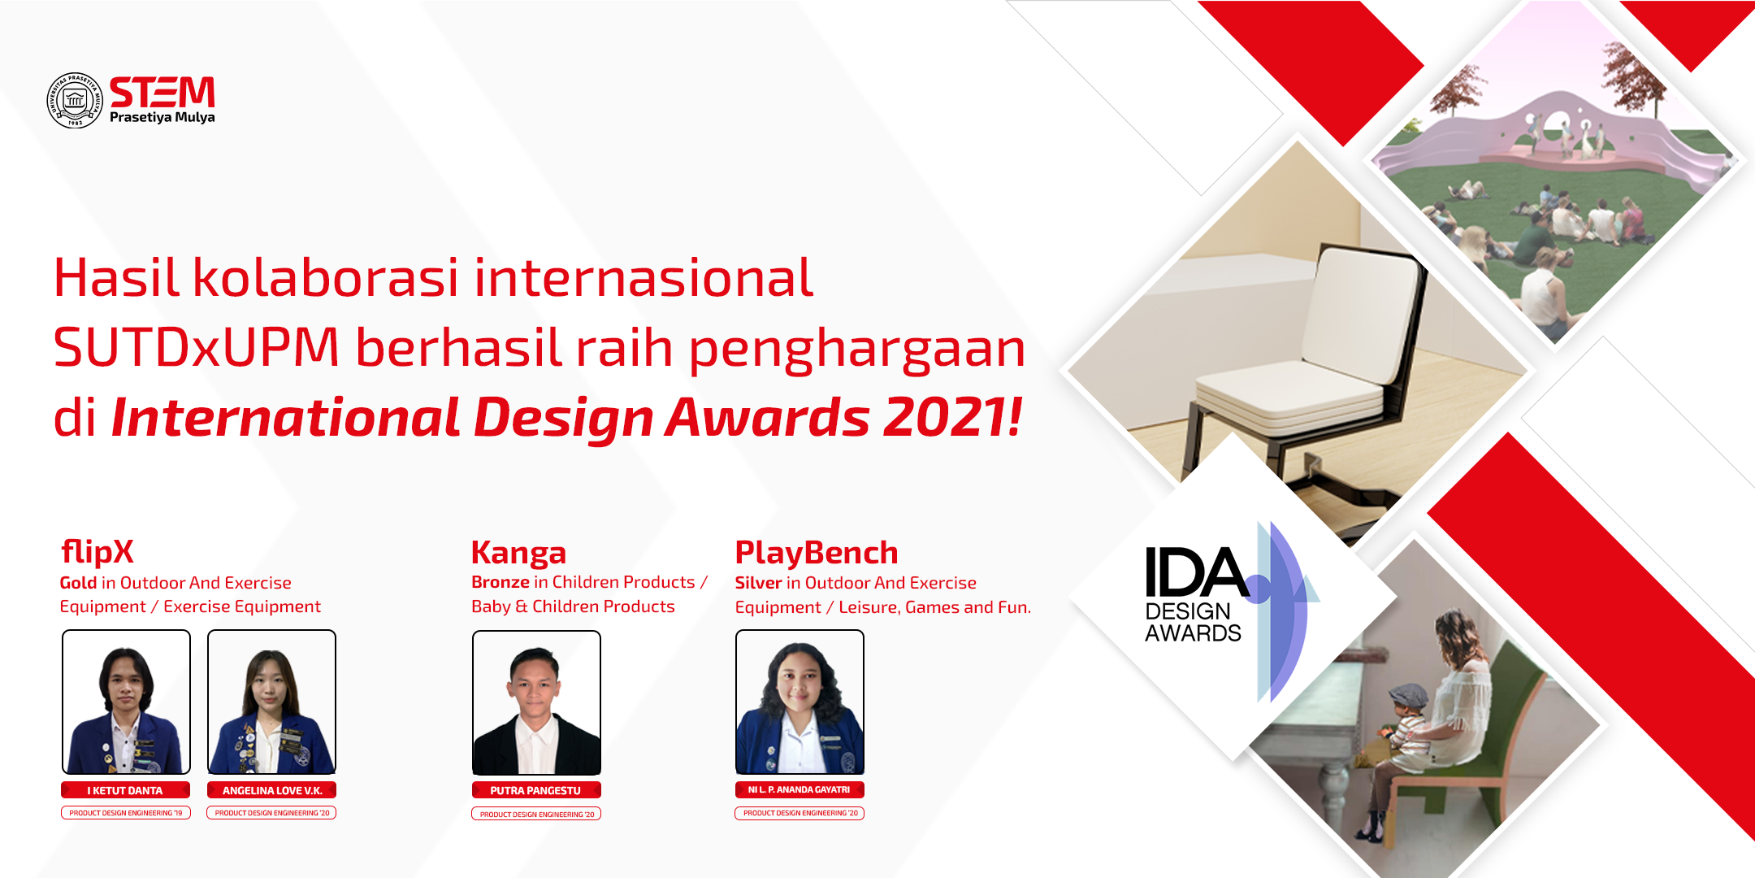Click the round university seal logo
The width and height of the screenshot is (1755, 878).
coord(75,100)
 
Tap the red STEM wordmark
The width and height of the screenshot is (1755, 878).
coord(162,92)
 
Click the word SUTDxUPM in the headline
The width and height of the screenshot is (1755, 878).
coord(196,347)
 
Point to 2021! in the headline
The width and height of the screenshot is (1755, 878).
coord(952,417)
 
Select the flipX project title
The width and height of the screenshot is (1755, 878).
coord(97,552)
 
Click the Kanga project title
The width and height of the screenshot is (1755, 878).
coord(518,553)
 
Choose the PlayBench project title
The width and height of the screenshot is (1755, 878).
coord(817,553)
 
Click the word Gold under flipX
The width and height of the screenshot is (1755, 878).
coord(78,583)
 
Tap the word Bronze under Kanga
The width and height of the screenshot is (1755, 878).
coord(500,582)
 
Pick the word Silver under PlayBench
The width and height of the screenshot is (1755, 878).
coord(758,583)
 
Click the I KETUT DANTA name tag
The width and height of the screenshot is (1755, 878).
coord(125,790)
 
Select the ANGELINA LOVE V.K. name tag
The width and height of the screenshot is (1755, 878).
coord(271,790)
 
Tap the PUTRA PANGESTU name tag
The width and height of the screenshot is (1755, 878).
coord(536,790)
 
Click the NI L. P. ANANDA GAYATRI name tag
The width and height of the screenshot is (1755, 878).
coord(799,789)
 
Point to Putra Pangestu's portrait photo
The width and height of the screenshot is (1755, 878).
coord(536,703)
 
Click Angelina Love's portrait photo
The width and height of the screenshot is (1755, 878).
coord(271,702)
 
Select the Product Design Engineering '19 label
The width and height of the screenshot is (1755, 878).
coord(126,813)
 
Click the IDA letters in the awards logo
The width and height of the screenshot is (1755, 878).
coord(1196,572)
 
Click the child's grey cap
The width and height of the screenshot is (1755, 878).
coord(1409,693)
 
